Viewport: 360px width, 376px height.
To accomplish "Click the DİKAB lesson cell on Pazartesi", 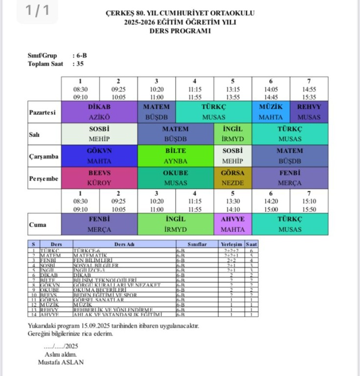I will coord(99,112).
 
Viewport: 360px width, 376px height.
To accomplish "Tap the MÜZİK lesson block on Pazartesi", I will coord(270,112).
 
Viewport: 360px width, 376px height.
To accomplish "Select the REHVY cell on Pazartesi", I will coord(309,112).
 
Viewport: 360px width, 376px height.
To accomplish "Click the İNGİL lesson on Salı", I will coord(232,134).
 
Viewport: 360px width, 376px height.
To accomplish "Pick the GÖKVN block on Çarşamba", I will coord(99,156).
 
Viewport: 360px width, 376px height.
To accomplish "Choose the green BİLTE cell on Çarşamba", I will coord(176,156).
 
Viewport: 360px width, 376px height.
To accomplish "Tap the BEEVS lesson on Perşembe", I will coord(99,178).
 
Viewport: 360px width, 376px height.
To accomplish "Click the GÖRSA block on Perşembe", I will coord(232,178).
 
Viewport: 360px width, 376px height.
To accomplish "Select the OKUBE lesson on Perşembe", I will coord(176,178).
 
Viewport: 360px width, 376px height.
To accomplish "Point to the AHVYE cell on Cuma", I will coord(232,224).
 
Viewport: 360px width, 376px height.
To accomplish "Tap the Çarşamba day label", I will coord(44,156).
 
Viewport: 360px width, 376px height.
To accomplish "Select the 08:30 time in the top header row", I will coord(80,90).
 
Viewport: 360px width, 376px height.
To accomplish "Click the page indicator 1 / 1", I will coord(37,11).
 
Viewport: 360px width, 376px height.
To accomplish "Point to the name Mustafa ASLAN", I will coord(61,362).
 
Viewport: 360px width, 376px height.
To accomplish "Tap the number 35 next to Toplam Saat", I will coord(78,64).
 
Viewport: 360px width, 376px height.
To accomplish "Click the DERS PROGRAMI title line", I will coord(180,31).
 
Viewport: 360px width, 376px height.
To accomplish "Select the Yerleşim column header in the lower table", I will coord(231,243).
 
